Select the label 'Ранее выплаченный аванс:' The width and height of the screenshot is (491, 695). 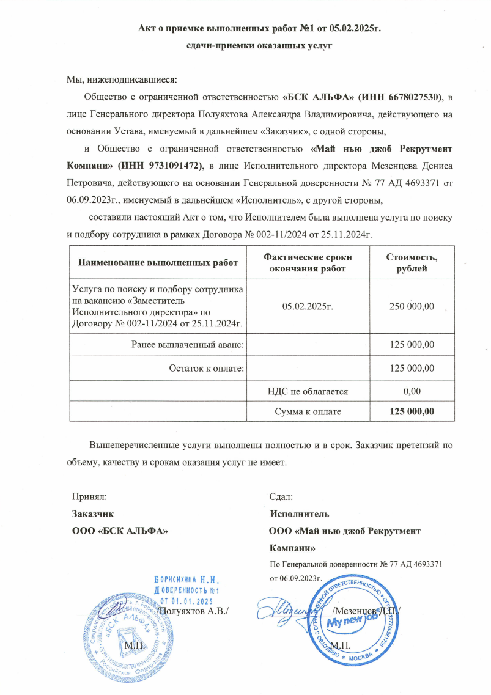tap(188, 345)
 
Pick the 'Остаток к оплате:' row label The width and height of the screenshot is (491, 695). tap(206, 368)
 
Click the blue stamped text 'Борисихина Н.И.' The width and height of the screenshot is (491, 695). tap(186, 578)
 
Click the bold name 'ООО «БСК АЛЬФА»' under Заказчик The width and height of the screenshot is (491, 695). tap(120, 530)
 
